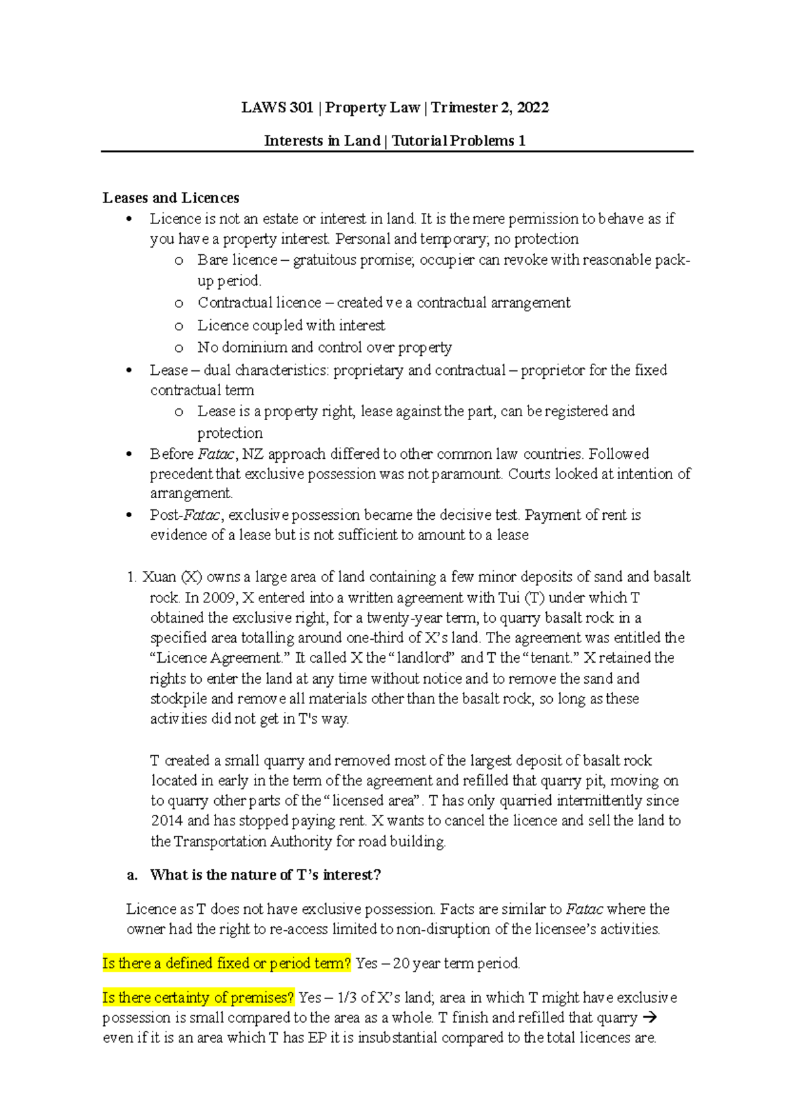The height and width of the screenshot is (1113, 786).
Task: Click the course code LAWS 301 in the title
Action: tap(277, 107)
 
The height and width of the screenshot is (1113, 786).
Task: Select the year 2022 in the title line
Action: tap(533, 107)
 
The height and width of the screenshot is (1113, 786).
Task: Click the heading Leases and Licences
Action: tap(171, 198)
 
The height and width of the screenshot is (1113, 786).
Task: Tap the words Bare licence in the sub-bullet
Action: tap(237, 260)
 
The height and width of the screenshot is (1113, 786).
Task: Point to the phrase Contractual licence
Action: tap(259, 303)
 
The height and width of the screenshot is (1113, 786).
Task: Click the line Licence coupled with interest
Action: tap(291, 326)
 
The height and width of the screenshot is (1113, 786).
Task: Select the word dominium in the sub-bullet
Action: tap(254, 347)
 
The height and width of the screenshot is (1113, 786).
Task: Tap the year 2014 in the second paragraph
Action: tap(167, 821)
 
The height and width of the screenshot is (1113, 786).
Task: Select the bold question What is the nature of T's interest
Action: tap(265, 875)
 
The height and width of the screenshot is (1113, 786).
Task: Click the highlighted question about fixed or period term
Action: tap(227, 964)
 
